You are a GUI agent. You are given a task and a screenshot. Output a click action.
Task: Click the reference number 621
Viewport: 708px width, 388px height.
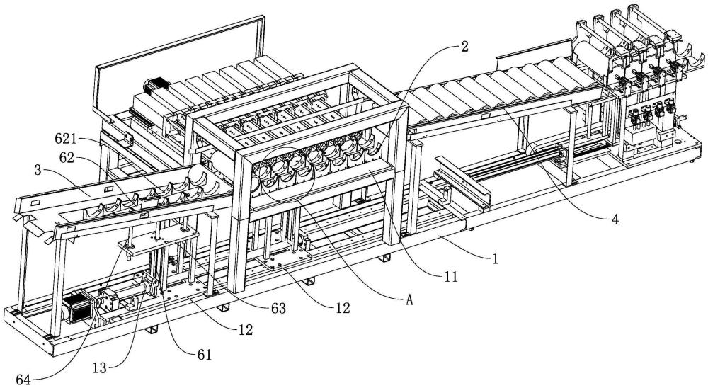(x=65, y=139)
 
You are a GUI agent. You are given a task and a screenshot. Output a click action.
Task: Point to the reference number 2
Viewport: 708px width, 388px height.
(x=464, y=47)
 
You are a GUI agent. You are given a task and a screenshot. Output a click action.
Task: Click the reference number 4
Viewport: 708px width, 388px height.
(x=615, y=220)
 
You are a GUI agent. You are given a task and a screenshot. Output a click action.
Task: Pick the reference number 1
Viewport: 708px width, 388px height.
(x=496, y=259)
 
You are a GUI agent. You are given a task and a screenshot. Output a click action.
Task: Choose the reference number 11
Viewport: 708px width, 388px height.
(x=450, y=276)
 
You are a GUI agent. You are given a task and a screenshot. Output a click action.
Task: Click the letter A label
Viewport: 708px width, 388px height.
(x=409, y=300)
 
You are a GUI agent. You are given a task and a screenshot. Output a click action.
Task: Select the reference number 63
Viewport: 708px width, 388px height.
(x=278, y=309)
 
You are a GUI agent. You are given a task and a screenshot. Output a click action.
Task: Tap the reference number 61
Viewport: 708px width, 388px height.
(x=205, y=355)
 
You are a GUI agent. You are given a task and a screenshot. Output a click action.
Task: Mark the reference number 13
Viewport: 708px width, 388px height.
(x=99, y=368)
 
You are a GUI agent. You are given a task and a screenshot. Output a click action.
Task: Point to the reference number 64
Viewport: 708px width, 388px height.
(x=23, y=380)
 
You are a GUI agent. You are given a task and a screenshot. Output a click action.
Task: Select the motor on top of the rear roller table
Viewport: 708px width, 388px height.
(x=156, y=86)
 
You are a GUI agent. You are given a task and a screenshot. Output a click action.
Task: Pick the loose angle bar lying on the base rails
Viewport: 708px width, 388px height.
(x=463, y=181)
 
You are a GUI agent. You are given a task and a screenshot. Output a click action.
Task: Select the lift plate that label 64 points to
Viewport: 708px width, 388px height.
(x=158, y=239)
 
